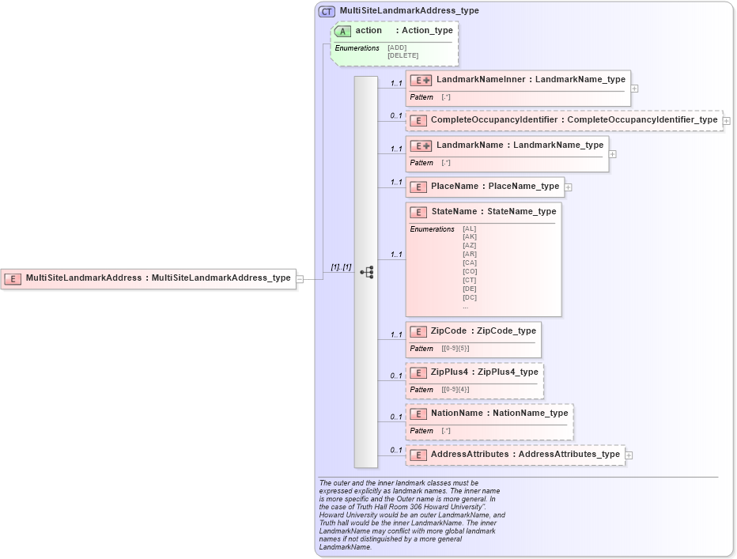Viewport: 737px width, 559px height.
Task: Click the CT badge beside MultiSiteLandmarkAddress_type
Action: pyautogui.click(x=327, y=11)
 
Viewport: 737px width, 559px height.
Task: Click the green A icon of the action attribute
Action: pyautogui.click(x=342, y=31)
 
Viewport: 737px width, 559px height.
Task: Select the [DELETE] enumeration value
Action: pyautogui.click(x=403, y=55)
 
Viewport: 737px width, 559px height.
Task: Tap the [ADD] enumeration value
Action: pyautogui.click(x=397, y=47)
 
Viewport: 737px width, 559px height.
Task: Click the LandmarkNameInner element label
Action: pyautogui.click(x=484, y=80)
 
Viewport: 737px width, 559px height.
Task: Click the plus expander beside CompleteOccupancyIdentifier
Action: pyautogui.click(x=726, y=121)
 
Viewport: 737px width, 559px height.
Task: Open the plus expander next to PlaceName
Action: pyautogui.click(x=568, y=187)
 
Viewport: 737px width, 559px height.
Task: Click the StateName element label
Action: pyautogui.click(x=454, y=212)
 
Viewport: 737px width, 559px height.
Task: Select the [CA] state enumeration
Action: pyautogui.click(x=470, y=263)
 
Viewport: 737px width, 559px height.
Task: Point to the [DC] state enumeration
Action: pyautogui.click(x=470, y=297)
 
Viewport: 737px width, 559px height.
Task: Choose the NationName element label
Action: pyautogui.click(x=456, y=414)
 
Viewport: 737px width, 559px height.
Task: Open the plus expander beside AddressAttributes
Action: pyautogui.click(x=629, y=455)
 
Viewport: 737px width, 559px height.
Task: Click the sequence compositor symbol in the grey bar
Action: pyautogui.click(x=366, y=272)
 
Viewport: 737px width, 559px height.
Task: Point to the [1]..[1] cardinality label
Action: pyautogui.click(x=341, y=267)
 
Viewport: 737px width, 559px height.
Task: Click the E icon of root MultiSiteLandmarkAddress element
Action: pyautogui.click(x=13, y=278)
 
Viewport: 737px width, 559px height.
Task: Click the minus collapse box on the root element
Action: pyautogui.click(x=300, y=278)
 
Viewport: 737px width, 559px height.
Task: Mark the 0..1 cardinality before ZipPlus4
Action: pyautogui.click(x=395, y=376)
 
